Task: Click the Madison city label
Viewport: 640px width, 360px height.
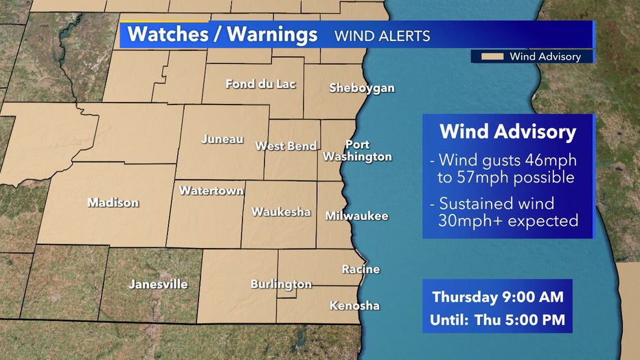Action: pos(113,203)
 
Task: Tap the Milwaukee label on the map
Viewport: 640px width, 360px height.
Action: pos(356,216)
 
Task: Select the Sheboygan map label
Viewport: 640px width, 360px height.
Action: pos(362,88)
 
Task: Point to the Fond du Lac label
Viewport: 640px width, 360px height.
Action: pos(261,84)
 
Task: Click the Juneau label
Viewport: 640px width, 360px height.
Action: pos(222,139)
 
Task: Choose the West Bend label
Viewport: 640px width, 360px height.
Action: pos(286,146)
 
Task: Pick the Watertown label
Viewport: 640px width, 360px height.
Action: pos(212,191)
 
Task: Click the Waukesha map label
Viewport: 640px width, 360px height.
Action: pos(281,212)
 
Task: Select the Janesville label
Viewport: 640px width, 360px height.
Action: pos(159,284)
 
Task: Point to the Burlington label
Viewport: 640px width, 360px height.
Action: pos(281,284)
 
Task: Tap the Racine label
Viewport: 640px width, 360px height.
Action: pos(361,269)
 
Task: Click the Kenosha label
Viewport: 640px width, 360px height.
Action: pos(354,306)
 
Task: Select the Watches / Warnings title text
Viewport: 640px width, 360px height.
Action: pos(222,35)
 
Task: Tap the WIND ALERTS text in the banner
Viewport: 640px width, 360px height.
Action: pos(382,36)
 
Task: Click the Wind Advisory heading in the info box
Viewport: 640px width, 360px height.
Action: pos(507,131)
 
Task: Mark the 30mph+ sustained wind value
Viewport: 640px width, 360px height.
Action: pos(469,221)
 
